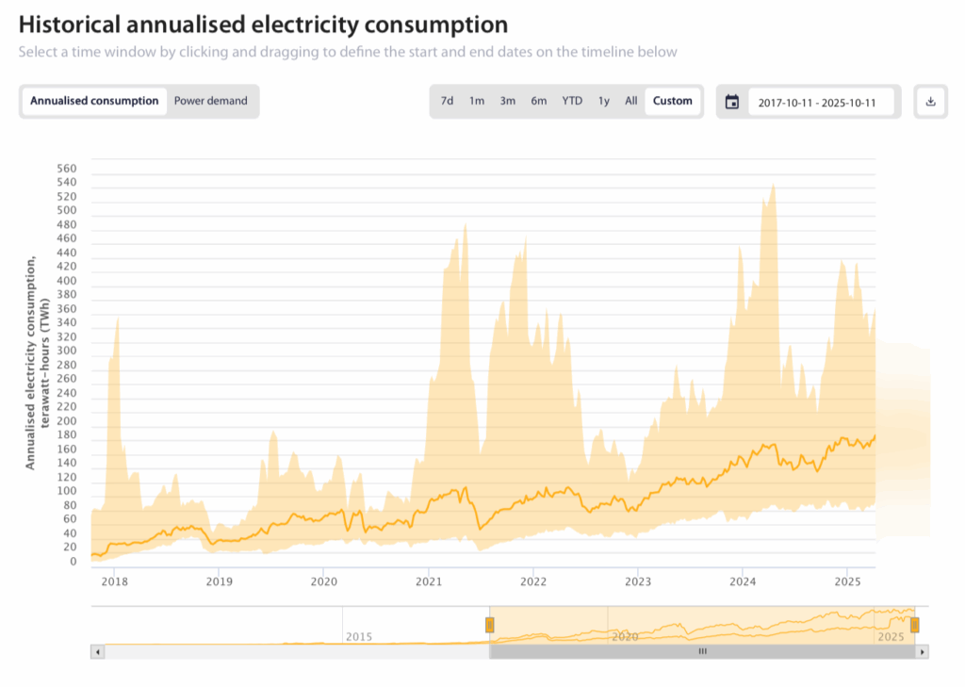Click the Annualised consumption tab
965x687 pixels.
click(94, 101)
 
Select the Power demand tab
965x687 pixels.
click(211, 101)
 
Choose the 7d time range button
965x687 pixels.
click(448, 101)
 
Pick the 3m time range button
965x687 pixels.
click(508, 101)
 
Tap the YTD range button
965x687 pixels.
click(572, 101)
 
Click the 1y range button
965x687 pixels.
click(604, 101)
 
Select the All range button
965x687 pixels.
click(631, 101)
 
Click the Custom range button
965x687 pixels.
click(673, 101)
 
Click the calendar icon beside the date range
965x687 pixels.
click(732, 102)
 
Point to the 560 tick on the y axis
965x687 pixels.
click(67, 169)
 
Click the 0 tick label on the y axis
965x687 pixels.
click(73, 562)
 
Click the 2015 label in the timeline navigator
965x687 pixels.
click(359, 637)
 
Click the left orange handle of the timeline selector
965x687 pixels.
click(490, 624)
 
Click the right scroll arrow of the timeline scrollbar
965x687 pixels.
click(923, 651)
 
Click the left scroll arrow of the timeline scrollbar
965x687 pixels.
click(97, 651)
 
